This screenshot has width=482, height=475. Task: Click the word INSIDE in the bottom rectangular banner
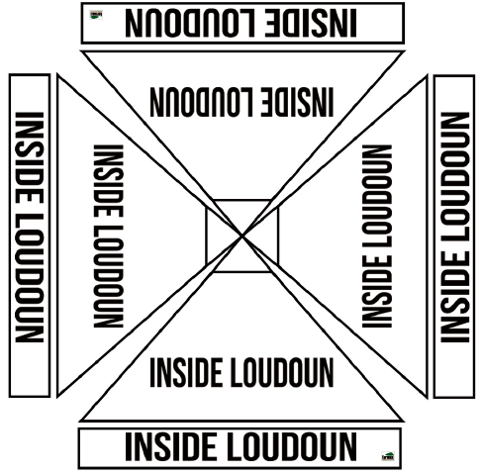172,447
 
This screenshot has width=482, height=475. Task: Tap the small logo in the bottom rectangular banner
388,456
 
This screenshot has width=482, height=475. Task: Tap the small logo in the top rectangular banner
96,15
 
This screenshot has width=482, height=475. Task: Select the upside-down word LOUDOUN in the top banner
190,23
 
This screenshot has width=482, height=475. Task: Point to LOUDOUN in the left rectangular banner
30,278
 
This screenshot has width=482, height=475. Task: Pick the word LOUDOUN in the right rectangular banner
455,176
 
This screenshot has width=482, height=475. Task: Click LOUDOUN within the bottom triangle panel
282,373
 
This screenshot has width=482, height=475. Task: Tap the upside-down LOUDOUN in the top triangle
201,102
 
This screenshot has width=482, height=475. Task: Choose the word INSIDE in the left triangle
109,181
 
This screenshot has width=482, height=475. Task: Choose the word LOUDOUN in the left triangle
109,276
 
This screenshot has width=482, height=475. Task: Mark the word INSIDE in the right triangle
377,291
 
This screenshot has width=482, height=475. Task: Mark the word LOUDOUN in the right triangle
377,196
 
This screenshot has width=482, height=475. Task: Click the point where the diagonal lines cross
242,236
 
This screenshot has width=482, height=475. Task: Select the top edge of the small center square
241,200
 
